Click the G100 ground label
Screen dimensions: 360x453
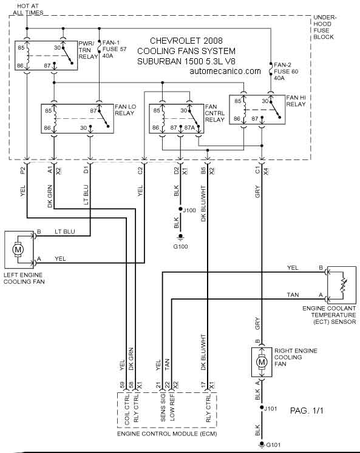pyautogui.click(x=180, y=246)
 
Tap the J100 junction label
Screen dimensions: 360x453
pyautogui.click(x=189, y=210)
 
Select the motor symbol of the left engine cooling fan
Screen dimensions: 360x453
pyautogui.click(x=18, y=249)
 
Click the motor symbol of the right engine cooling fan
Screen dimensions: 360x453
pyautogui.click(x=262, y=362)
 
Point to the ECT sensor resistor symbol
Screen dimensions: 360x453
pyautogui.click(x=343, y=285)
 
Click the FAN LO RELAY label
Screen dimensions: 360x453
pyautogui.click(x=125, y=110)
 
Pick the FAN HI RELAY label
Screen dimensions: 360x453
pyautogui.click(x=296, y=101)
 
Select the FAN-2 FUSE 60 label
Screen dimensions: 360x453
pyautogui.click(x=286, y=72)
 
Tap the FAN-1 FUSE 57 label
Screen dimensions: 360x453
pyautogui.click(x=114, y=49)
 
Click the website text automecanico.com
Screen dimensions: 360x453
pyautogui.click(x=225, y=71)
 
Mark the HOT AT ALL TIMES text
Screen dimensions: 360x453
pyautogui.click(x=28, y=9)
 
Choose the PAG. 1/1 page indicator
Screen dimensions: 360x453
pyautogui.click(x=307, y=410)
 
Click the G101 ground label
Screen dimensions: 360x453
pyautogui.click(x=273, y=445)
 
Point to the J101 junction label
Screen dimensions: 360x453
pyautogui.click(x=271, y=409)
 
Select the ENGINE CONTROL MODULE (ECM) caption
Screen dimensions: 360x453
pyautogui.click(x=167, y=434)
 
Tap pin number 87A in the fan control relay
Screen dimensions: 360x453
pyautogui.click(x=189, y=127)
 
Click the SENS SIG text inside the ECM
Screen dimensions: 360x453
pyautogui.click(x=163, y=408)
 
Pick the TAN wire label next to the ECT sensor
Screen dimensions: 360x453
pyautogui.click(x=293, y=295)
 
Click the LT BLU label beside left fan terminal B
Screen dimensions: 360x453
pyautogui.click(x=65, y=232)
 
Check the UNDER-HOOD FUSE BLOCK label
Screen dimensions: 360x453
pyautogui.click(x=325, y=27)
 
